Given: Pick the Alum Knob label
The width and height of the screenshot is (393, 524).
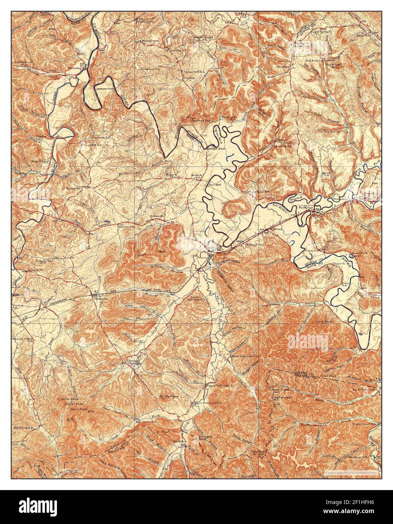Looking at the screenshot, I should [x=327, y=321].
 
